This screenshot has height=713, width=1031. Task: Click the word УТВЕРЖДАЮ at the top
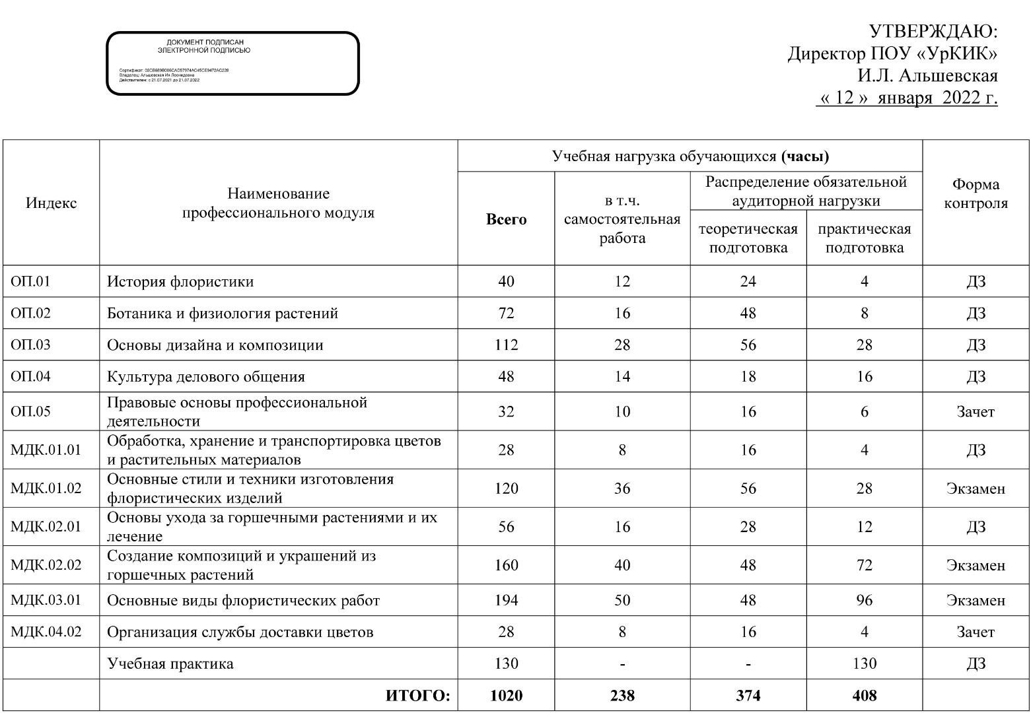[932, 31]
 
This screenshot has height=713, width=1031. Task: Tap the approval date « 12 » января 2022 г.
[907, 98]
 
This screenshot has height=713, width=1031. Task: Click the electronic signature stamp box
[232, 63]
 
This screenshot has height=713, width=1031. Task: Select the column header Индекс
[51, 203]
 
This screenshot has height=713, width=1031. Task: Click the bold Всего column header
[506, 220]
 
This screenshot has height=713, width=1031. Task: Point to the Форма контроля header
[976, 193]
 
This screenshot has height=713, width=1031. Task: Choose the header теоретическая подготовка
[748, 238]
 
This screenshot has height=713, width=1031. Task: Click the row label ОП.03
[30, 345]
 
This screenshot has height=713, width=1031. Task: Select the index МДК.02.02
[46, 565]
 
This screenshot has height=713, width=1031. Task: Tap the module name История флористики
[180, 282]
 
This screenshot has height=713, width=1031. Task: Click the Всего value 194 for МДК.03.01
[506, 600]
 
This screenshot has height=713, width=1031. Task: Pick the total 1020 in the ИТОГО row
[506, 695]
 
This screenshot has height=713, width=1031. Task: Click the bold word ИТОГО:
[417, 695]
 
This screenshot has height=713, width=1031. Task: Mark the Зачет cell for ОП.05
[975, 412]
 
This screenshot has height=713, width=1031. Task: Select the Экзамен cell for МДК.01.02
[975, 489]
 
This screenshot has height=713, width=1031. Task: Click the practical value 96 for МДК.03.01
[864, 600]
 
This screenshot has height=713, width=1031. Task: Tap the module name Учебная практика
[170, 663]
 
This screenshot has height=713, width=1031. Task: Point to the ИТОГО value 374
[748, 695]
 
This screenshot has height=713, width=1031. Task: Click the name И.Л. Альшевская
[927, 76]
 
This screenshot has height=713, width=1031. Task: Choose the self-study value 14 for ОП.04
[622, 377]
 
